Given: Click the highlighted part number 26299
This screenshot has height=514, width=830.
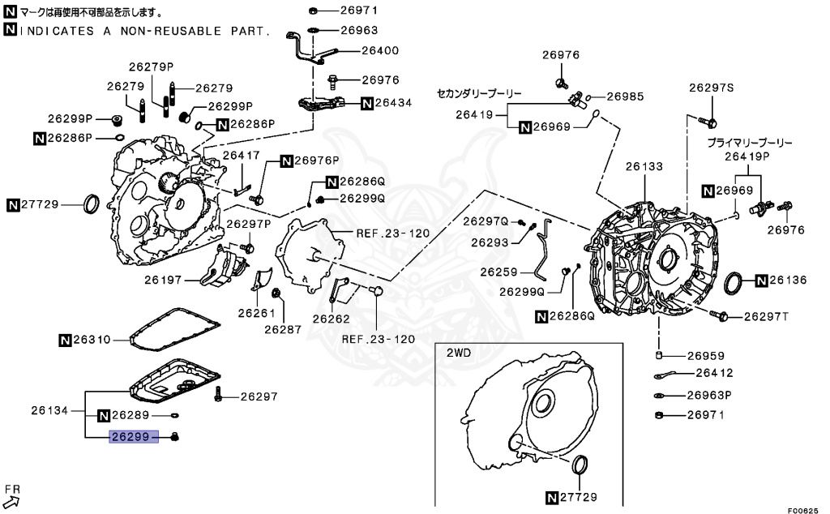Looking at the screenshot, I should (x=130, y=438).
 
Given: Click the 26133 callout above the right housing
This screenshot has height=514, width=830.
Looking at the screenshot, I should (x=644, y=166).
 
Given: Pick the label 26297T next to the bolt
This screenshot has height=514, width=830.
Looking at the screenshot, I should (x=766, y=316).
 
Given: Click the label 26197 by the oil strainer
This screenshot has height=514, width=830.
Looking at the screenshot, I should (x=165, y=280).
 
